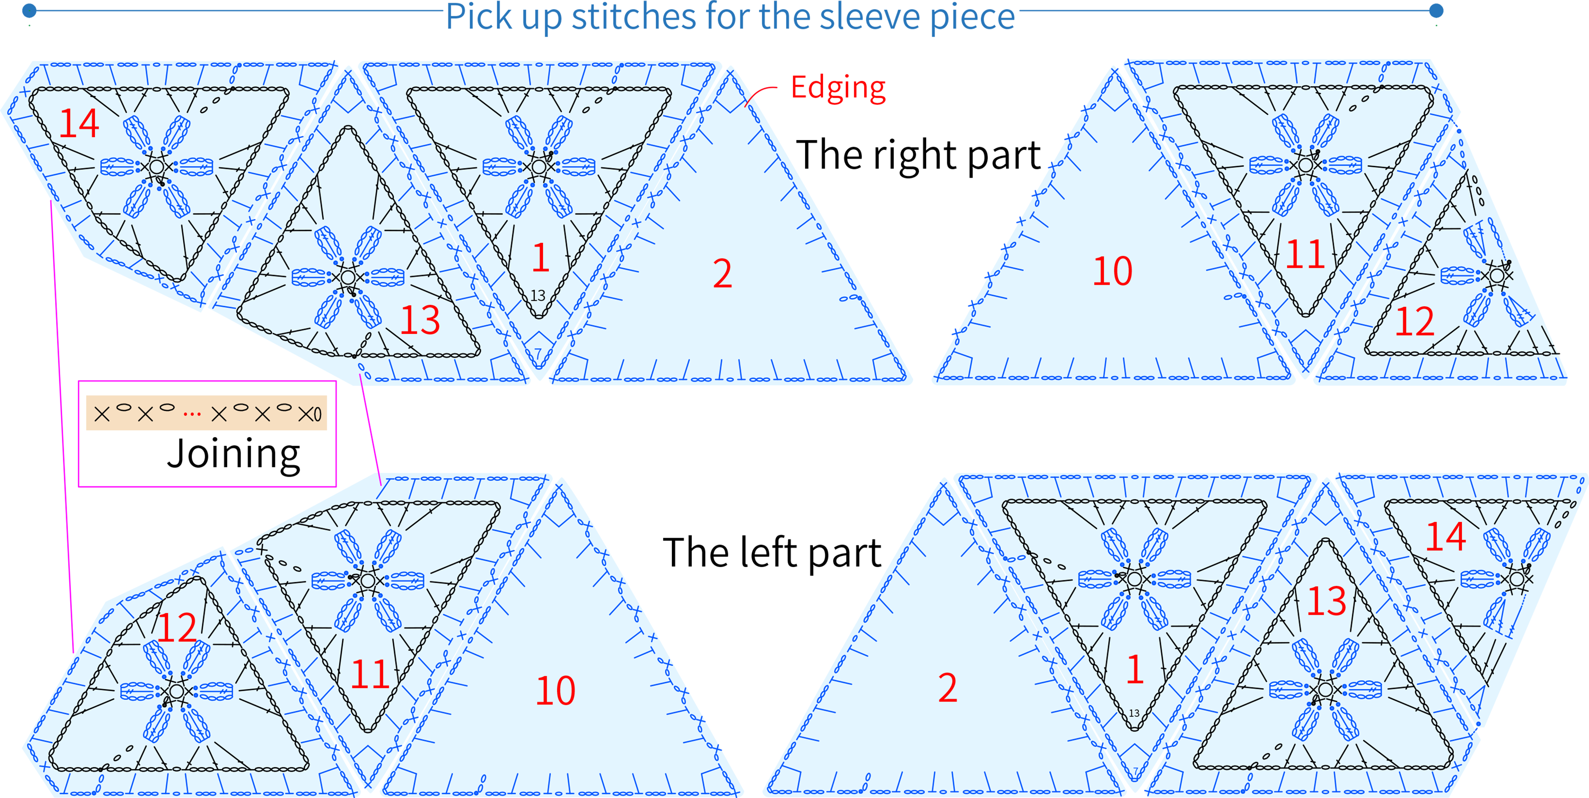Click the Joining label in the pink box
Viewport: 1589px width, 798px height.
tap(233, 454)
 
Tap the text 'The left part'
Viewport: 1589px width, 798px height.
tap(772, 552)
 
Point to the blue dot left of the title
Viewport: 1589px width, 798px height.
tap(29, 11)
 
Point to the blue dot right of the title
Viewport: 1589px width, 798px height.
tap(1436, 11)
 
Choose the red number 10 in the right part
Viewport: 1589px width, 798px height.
tap(1113, 270)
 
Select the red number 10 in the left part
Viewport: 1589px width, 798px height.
tap(555, 690)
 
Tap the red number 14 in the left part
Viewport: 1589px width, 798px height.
tap(1446, 536)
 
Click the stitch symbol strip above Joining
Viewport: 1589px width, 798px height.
tap(207, 413)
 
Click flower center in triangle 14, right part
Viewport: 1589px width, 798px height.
tap(157, 166)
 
